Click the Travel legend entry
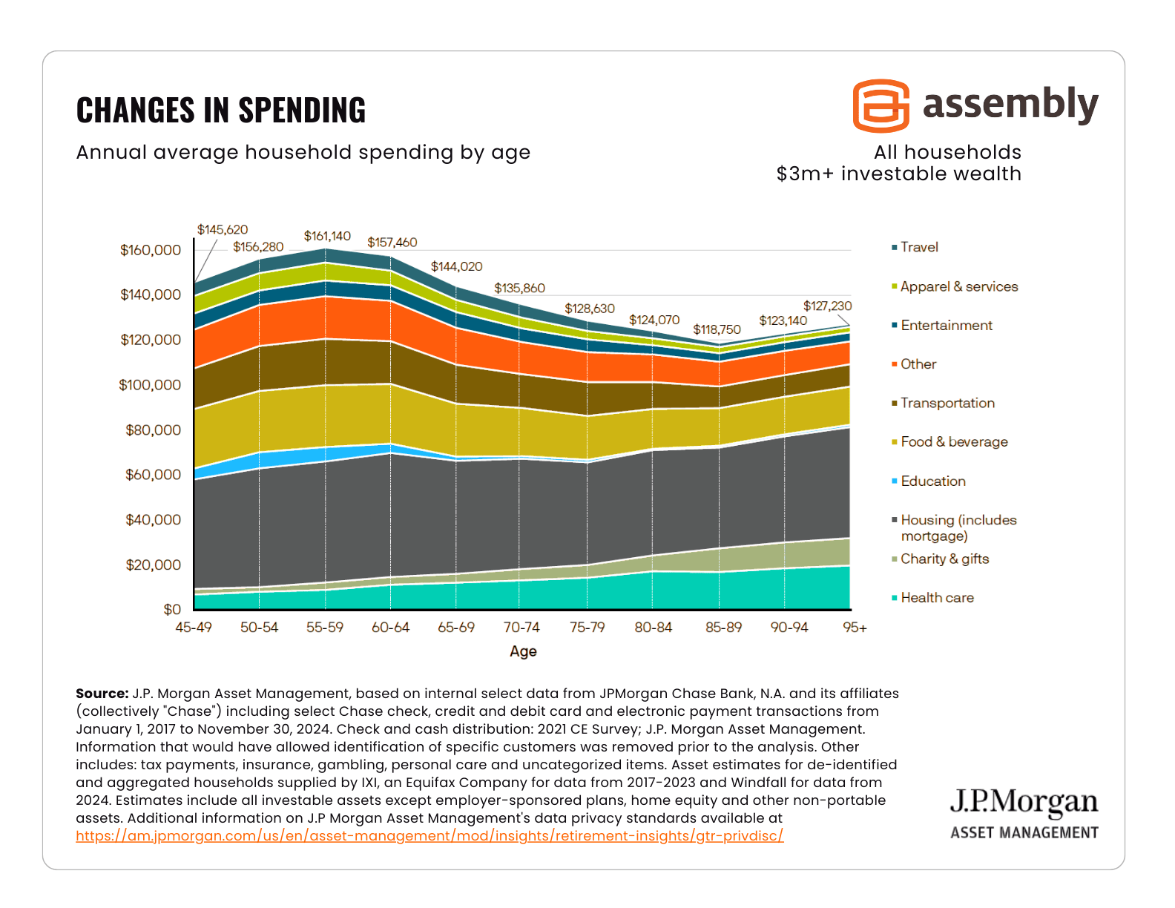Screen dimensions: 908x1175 tap(918, 247)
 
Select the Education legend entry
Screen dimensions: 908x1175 tap(932, 481)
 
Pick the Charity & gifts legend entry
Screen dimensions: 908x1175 tap(944, 559)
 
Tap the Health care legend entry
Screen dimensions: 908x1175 tap(936, 597)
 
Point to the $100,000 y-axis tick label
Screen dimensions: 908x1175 tap(150, 384)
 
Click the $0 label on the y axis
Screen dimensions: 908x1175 tap(172, 609)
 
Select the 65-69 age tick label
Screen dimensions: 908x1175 tap(456, 627)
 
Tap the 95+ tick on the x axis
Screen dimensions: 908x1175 tap(855, 627)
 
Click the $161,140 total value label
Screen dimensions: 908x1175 tap(327, 236)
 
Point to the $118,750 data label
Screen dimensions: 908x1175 tap(717, 329)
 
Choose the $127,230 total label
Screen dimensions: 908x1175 tap(827, 306)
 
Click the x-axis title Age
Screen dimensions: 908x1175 tap(523, 651)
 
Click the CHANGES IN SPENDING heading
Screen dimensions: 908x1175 tap(221, 110)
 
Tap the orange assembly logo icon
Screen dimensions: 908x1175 tap(881, 105)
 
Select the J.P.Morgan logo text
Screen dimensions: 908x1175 tap(1024, 802)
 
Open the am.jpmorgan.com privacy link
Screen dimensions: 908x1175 tap(429, 836)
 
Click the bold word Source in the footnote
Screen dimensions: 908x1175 tap(102, 694)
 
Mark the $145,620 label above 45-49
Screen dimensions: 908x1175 tap(223, 229)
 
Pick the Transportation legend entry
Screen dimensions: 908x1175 tap(947, 403)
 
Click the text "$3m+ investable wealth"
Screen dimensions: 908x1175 tap(898, 174)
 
